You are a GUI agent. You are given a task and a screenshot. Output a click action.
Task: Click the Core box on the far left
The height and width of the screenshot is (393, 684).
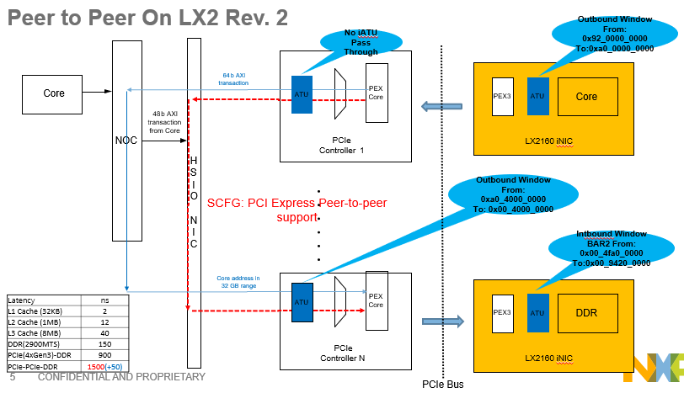pyautogui.click(x=54, y=93)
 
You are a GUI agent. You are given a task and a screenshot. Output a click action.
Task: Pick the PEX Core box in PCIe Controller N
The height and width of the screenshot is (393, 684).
pyautogui.click(x=377, y=300)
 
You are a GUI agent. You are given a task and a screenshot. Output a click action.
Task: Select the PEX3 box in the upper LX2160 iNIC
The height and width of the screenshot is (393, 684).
pyautogui.click(x=502, y=96)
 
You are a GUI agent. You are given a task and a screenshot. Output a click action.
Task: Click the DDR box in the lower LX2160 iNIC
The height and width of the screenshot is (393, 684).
pyautogui.click(x=586, y=312)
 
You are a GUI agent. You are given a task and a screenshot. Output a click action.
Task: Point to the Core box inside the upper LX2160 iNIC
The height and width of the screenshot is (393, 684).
pyautogui.click(x=586, y=97)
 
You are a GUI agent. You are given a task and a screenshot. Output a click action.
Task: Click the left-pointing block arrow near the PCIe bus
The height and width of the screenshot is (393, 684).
pyautogui.click(x=443, y=106)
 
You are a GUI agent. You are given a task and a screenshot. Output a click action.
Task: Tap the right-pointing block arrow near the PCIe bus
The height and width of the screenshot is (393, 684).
pyautogui.click(x=443, y=321)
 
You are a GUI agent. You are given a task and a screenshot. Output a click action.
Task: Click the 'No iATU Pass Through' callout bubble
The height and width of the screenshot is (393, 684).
pyautogui.click(x=361, y=42)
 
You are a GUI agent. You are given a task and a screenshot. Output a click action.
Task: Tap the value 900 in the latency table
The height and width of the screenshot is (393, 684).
pyautogui.click(x=104, y=356)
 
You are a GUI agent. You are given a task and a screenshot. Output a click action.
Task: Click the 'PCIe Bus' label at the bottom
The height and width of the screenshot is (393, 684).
pyautogui.click(x=442, y=384)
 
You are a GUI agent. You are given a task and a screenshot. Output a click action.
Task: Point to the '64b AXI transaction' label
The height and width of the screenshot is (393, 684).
pyautogui.click(x=233, y=79)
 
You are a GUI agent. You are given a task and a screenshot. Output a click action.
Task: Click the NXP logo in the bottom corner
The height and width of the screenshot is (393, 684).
pyautogui.click(x=654, y=367)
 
